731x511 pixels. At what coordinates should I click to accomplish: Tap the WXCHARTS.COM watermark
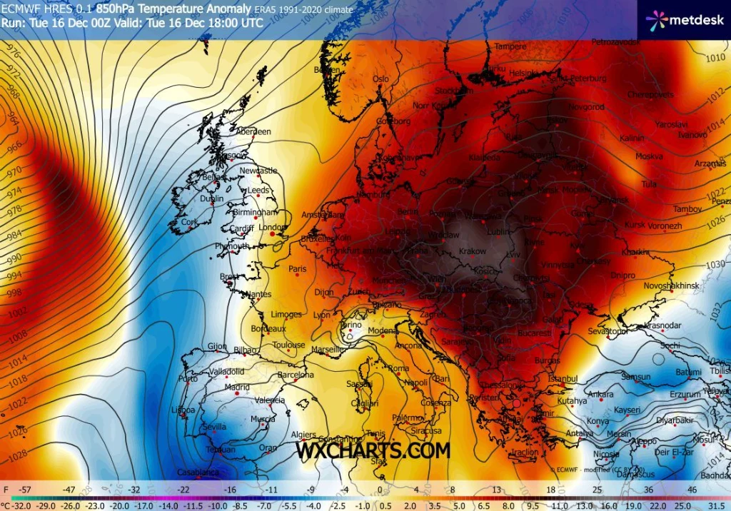373,450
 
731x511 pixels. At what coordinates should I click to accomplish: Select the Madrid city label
237,388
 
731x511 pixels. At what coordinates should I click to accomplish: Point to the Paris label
297,269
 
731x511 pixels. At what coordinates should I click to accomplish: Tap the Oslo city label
381,79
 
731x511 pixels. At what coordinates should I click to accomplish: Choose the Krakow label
473,251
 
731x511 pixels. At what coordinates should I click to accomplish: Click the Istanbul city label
562,377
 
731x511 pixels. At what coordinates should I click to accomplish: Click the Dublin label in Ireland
211,199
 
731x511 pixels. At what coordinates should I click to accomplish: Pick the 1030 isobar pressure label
714,265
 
